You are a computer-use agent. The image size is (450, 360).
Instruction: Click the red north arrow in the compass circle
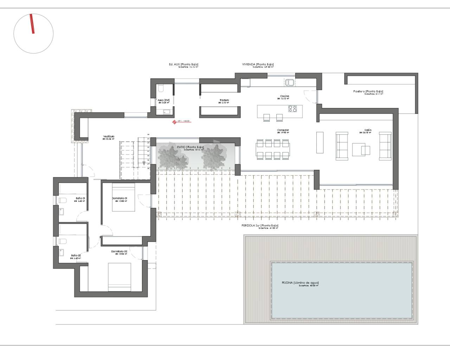(x=32, y=24)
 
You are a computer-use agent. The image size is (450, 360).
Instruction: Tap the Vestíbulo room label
(x=109, y=136)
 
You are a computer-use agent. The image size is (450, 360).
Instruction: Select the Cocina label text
(x=284, y=96)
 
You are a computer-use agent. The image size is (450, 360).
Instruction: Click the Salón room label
(x=368, y=130)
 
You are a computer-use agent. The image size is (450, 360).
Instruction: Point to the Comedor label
(x=283, y=130)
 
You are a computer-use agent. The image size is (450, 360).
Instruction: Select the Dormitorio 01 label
(x=119, y=198)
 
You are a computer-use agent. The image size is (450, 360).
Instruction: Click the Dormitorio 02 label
(x=119, y=251)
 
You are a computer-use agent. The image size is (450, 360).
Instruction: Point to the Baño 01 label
(x=80, y=198)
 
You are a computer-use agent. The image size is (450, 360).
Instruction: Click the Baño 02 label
(x=76, y=256)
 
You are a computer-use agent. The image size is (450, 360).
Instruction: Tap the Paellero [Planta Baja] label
(x=368, y=91)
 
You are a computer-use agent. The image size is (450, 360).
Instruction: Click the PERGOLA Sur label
(x=260, y=225)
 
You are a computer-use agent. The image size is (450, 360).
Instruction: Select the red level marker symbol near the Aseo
(x=174, y=122)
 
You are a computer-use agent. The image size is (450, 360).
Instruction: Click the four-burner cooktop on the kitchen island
(x=292, y=109)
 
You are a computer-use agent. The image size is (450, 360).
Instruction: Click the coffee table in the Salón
(x=361, y=149)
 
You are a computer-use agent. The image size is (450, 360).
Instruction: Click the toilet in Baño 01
(x=63, y=201)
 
